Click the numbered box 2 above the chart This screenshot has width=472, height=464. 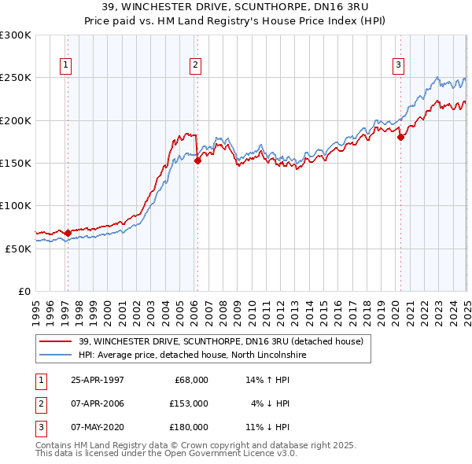pyautogui.click(x=194, y=65)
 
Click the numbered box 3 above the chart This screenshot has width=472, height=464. pyautogui.click(x=399, y=65)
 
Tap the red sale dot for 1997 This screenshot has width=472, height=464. pyautogui.click(x=68, y=233)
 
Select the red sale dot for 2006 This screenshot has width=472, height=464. pyautogui.click(x=197, y=160)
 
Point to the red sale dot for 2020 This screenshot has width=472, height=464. pyautogui.click(x=400, y=137)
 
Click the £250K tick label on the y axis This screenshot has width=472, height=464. pyautogui.click(x=16, y=78)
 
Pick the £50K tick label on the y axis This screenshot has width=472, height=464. pyautogui.click(x=18, y=249)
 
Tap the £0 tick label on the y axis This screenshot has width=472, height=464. pyautogui.click(x=24, y=291)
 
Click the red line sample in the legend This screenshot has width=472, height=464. pyautogui.click(x=55, y=341)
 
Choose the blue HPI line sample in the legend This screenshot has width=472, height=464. pyautogui.click(x=55, y=355)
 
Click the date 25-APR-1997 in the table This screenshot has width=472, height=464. pyautogui.click(x=98, y=380)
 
